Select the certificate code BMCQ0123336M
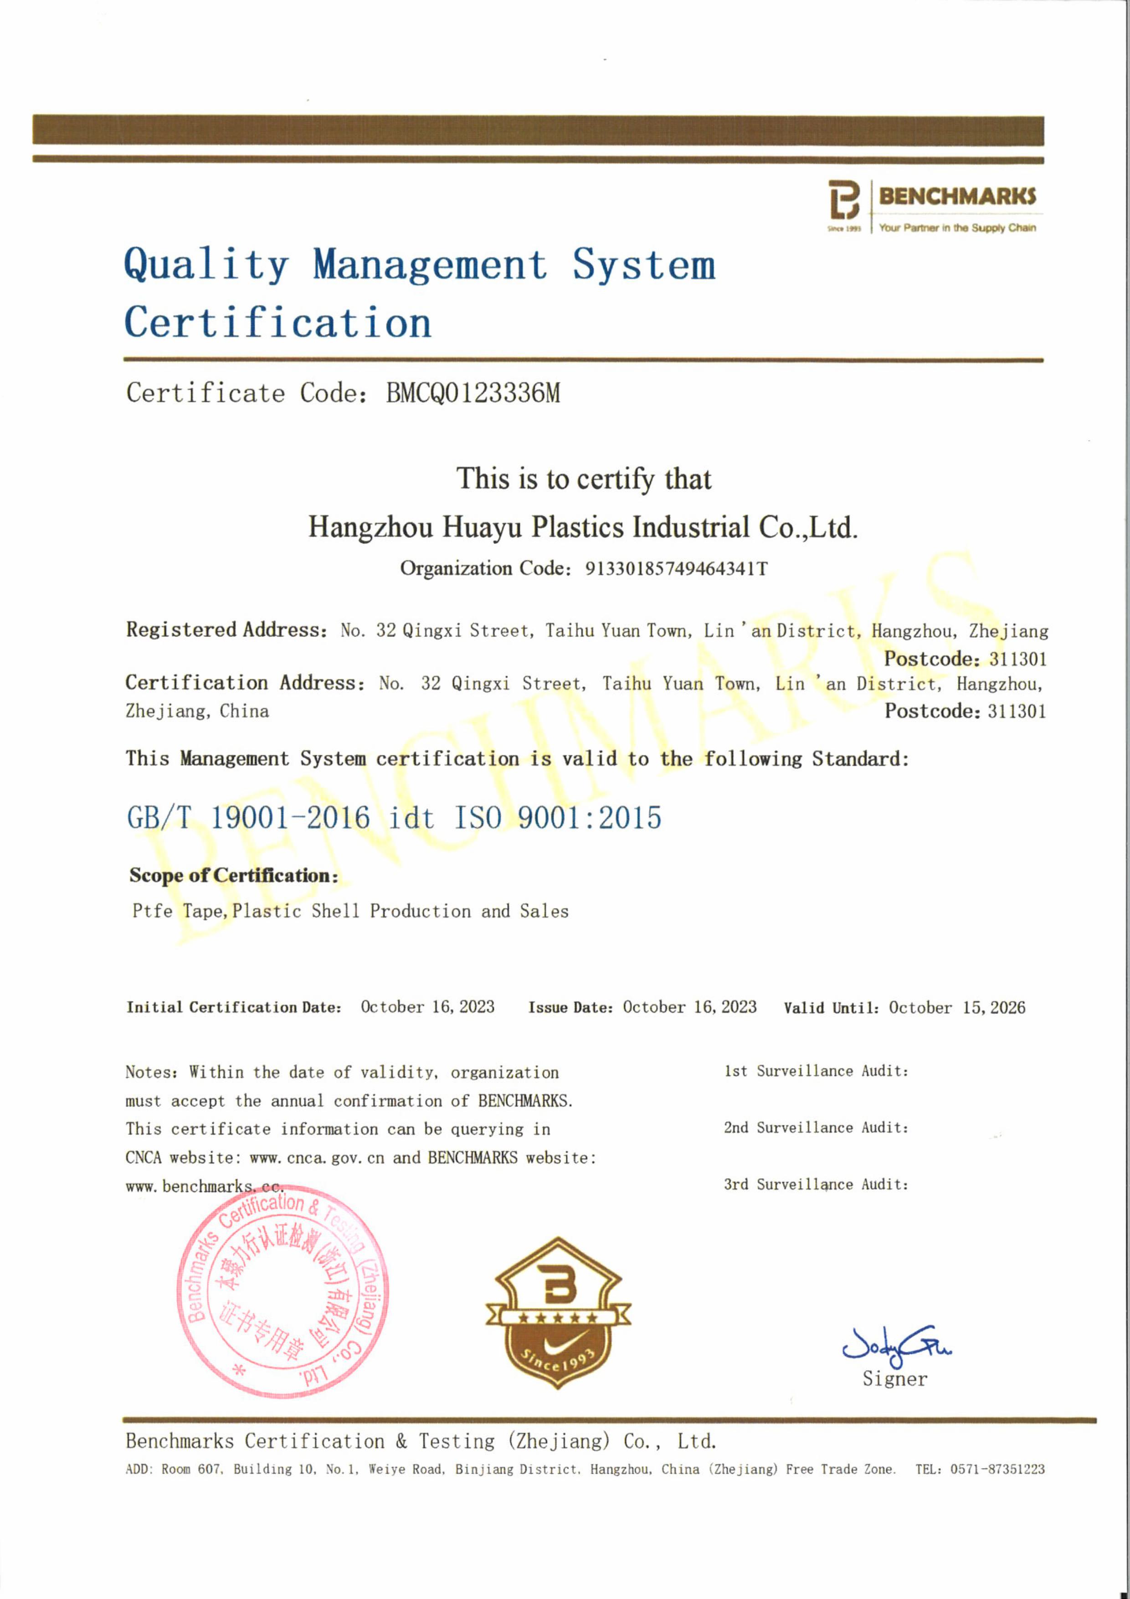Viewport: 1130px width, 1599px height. click(473, 393)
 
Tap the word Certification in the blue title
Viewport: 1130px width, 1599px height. click(278, 322)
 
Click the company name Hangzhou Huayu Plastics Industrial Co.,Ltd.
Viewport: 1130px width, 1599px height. click(583, 527)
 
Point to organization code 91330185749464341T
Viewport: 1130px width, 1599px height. click(675, 569)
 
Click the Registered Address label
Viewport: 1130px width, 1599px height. click(226, 629)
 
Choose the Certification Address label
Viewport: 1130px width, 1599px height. click(244, 682)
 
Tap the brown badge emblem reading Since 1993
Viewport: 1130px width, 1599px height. click(558, 1313)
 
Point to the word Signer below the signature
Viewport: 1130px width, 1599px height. click(895, 1379)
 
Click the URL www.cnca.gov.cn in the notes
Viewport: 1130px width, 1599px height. click(317, 1157)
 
